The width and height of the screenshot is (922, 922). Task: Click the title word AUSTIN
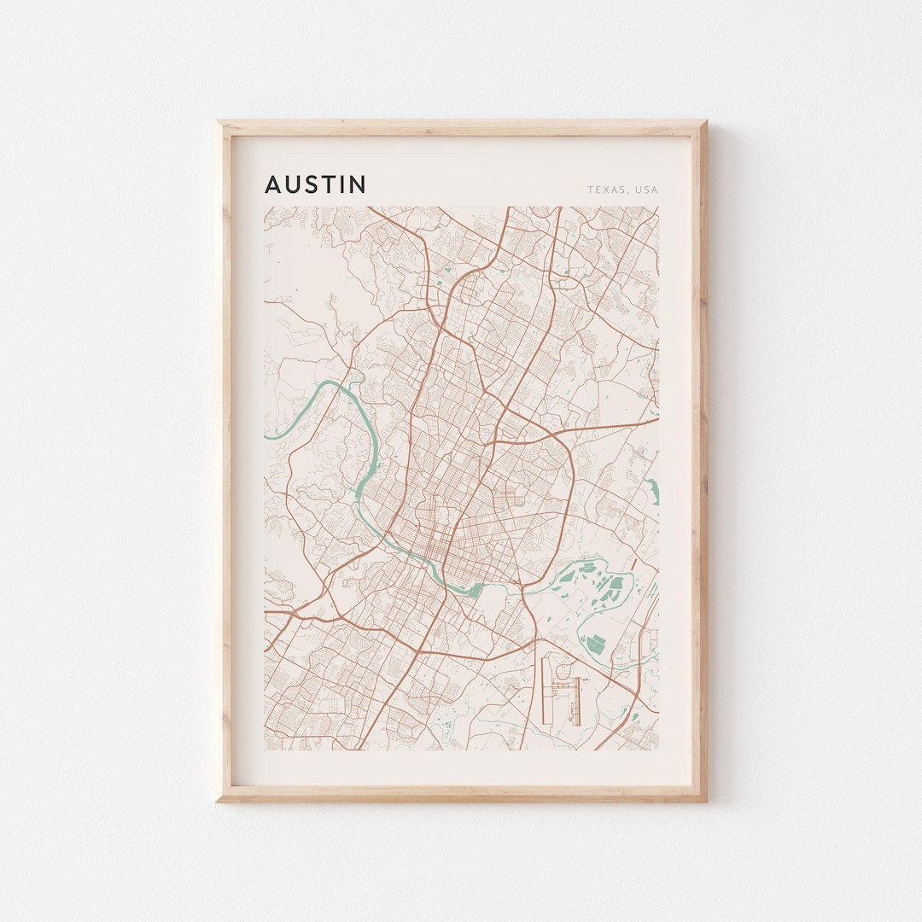click(x=315, y=184)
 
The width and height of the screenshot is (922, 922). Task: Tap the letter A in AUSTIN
click(x=272, y=184)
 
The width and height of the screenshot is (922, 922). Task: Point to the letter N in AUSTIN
click(x=358, y=184)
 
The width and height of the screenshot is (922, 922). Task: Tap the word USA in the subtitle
click(x=647, y=190)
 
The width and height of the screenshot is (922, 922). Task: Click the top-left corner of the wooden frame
click(x=219, y=122)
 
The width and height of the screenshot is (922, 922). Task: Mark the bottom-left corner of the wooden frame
click(x=219, y=800)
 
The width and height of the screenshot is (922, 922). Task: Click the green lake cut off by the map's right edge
click(x=653, y=490)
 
